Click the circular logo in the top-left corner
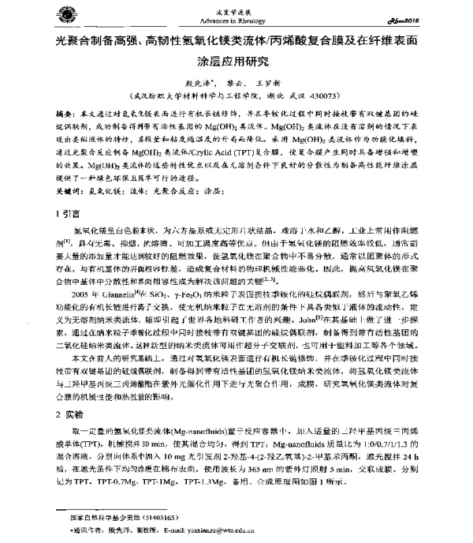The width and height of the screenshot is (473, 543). point(53,13)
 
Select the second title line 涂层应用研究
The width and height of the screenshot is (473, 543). point(235,60)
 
